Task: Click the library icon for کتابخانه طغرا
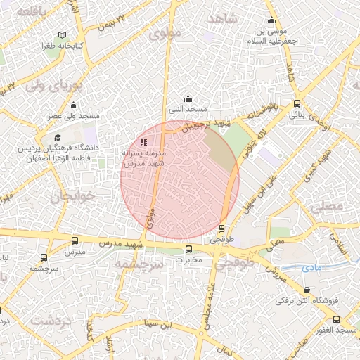(63, 35)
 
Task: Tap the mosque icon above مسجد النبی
(187, 99)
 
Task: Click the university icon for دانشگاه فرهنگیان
(58, 138)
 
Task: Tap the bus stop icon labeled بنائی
(298, 102)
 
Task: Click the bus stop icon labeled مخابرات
(188, 250)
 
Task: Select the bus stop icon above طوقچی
(222, 229)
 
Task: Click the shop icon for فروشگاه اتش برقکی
(307, 290)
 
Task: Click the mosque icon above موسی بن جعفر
(272, 20)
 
